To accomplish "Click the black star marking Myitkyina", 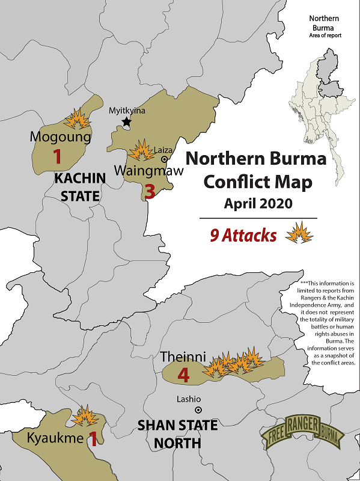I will (x=127, y=122).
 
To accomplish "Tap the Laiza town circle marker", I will (x=165, y=159).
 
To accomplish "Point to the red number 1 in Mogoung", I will (x=58, y=157).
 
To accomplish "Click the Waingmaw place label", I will (x=142, y=170).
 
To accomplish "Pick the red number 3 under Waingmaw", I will (x=150, y=192).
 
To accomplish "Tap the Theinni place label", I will (x=180, y=357).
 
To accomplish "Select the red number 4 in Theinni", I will (x=184, y=376).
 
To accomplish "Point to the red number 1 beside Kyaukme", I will (x=93, y=440).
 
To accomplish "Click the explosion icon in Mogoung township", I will (x=79, y=118).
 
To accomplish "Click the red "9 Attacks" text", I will (x=243, y=235).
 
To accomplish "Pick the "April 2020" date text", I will (x=258, y=203).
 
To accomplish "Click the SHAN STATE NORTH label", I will (x=177, y=435).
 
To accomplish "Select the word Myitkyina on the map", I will (x=127, y=111).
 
